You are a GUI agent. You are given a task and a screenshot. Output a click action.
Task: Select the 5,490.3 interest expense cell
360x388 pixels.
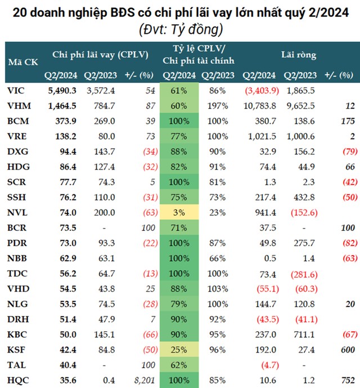tap(61, 90)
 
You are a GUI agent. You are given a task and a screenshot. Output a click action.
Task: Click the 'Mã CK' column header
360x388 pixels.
tap(23, 63)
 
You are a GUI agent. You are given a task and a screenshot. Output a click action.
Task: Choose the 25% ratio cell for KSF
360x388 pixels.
tap(179, 349)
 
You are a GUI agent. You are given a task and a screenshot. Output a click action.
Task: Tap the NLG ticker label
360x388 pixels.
tap(17, 318)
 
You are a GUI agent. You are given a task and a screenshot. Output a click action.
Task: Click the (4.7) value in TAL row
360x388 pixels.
tap(258, 364)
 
